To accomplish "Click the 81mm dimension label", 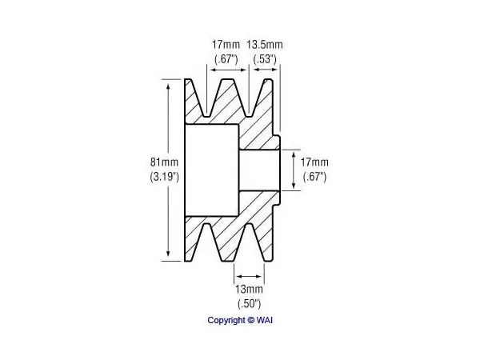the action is [164, 162].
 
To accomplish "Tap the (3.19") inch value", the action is [164, 177].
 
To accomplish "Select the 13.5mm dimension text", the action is [265, 45].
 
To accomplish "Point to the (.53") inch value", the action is [265, 59].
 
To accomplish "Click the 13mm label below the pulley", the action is [249, 289].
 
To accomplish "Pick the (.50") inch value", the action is [249, 304].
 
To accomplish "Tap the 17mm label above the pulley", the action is [226, 45].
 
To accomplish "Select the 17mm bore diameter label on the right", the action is [314, 162].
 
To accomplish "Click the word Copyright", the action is [226, 321].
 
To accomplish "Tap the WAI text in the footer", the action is [265, 320].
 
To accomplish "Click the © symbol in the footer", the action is [250, 320].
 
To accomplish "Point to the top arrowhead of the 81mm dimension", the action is [168, 86].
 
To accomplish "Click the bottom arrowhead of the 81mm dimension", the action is [168, 254].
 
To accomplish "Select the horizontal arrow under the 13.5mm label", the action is [266, 70].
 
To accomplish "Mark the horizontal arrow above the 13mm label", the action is [249, 277].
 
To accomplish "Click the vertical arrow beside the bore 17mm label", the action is [294, 170].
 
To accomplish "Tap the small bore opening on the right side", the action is [259, 170].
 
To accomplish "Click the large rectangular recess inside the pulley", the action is [212, 170].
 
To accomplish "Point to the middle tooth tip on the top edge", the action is [228, 79].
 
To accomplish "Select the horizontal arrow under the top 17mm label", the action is [227, 70].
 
